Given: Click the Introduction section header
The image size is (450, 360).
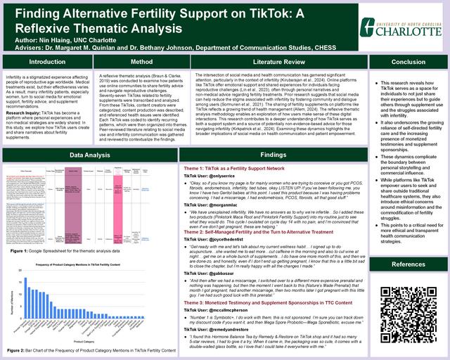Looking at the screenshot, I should [x=46, y=63].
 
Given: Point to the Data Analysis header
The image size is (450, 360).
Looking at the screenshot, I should [x=90, y=154].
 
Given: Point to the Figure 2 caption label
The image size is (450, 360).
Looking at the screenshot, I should [x=16, y=349].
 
